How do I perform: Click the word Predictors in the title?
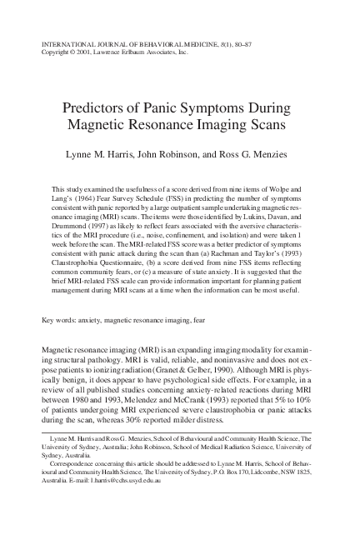[92, 108]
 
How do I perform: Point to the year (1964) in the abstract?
[93, 201]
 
